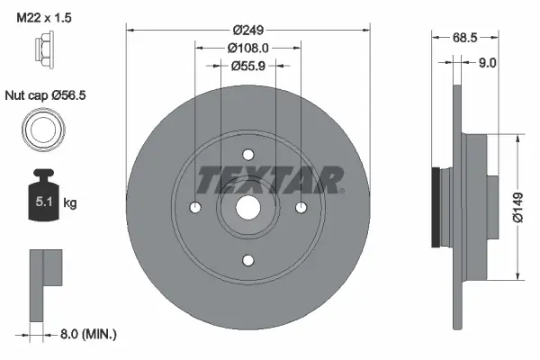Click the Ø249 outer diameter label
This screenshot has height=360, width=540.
pyautogui.click(x=248, y=29)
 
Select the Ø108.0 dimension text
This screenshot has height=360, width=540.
pyautogui.click(x=248, y=47)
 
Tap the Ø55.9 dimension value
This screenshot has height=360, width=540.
pyautogui.click(x=248, y=65)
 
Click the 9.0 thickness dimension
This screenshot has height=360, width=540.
pyautogui.click(x=487, y=62)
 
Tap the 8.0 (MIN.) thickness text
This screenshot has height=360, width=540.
pyautogui.click(x=87, y=334)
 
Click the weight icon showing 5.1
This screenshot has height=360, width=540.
pyautogui.click(x=43, y=191)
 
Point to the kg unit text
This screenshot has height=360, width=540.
pyautogui.click(x=70, y=203)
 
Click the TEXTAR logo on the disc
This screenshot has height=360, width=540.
pyautogui.click(x=270, y=180)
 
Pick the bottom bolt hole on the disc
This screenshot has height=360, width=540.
pyautogui.click(x=248, y=260)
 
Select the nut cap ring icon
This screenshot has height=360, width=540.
pyautogui.click(x=43, y=130)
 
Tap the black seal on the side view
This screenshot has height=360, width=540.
pyautogui.click(x=437, y=208)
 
